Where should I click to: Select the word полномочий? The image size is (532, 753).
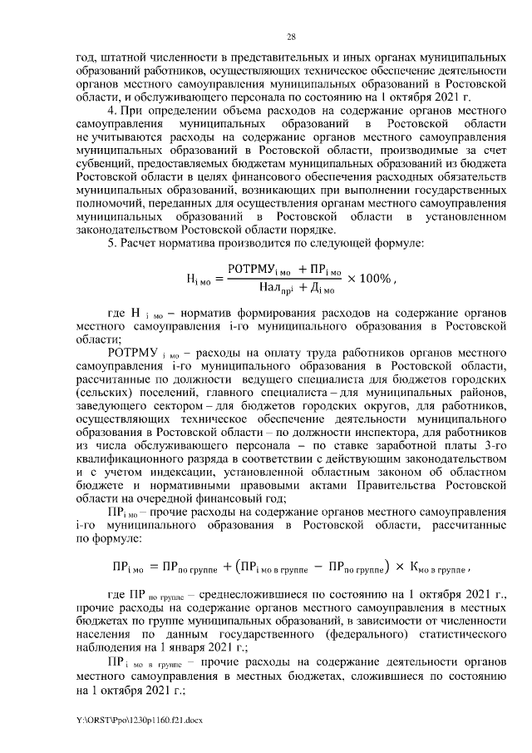tap(106, 203)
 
